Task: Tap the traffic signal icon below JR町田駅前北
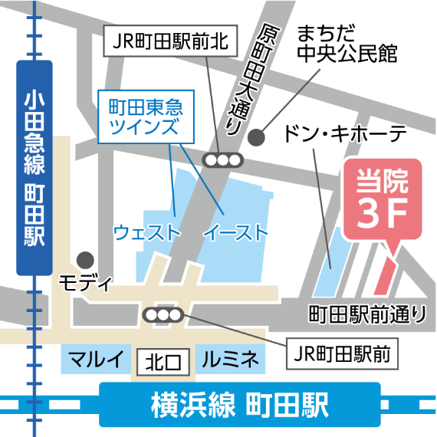pyautogui.click(x=222, y=159)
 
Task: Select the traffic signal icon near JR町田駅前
pyautogui.click(x=163, y=315)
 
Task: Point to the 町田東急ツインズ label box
pyautogui.click(x=145, y=116)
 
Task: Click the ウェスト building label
pyautogui.click(x=146, y=232)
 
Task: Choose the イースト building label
pyautogui.click(x=235, y=232)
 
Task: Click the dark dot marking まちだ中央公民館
pyautogui.click(x=258, y=138)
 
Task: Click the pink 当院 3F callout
pyautogui.click(x=382, y=196)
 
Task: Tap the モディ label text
pyautogui.click(x=85, y=283)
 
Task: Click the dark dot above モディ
pyautogui.click(x=87, y=260)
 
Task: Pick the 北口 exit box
pyautogui.click(x=163, y=360)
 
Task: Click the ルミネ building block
pyautogui.click(x=231, y=359)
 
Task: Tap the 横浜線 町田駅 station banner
pyautogui.click(x=239, y=404)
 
